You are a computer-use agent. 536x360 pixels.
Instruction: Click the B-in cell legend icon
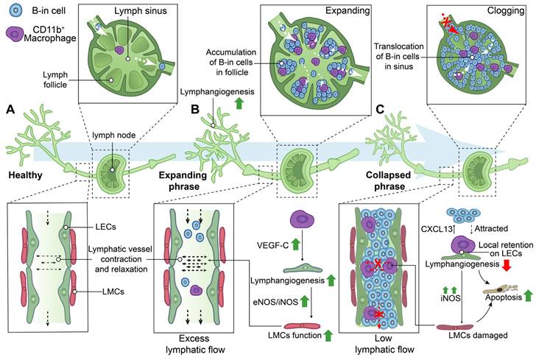(16, 10)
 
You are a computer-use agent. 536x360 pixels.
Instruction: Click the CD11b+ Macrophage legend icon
(15, 34)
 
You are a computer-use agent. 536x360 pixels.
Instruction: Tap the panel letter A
(10, 110)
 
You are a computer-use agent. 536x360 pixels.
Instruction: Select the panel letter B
(195, 110)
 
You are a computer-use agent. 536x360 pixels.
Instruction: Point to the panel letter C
(380, 110)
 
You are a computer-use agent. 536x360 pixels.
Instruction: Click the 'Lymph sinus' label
(141, 11)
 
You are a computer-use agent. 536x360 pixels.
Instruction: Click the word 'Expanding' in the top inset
(348, 10)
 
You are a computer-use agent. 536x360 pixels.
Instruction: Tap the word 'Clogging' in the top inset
(506, 10)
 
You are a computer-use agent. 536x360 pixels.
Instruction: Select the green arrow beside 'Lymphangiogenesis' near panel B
(239, 103)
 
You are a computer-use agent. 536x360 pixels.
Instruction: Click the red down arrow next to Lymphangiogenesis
(507, 264)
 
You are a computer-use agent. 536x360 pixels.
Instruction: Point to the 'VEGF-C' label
(273, 245)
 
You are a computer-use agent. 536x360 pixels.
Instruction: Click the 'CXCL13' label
(436, 228)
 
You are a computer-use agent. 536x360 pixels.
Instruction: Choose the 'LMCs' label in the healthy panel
(113, 292)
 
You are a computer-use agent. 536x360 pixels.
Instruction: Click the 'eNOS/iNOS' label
(276, 302)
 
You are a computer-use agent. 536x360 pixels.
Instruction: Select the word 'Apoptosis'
(504, 297)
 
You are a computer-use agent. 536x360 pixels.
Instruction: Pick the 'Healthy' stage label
(25, 175)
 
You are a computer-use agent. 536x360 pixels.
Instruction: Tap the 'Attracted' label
(491, 228)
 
